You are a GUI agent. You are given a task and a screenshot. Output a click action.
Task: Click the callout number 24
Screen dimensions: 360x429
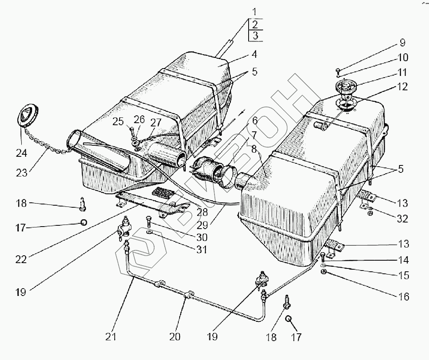[x=21, y=153]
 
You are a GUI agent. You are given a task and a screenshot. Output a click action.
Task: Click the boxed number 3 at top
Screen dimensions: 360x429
[x=256, y=36]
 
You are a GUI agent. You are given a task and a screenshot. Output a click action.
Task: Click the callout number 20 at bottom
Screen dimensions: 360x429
[x=175, y=337]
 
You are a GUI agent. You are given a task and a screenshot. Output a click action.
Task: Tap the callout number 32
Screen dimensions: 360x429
[x=403, y=218]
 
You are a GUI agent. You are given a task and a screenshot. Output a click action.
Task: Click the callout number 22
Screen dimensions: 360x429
[x=21, y=260]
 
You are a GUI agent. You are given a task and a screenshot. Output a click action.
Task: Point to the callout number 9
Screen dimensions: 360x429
[x=402, y=43]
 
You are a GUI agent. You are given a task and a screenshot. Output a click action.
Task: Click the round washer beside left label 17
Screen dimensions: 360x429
[x=83, y=223]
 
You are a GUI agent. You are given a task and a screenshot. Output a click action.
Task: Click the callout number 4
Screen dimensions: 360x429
[x=254, y=54]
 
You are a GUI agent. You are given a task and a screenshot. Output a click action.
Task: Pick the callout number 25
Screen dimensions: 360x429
[x=118, y=121]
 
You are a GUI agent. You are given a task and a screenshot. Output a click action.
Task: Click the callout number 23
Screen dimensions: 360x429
[x=21, y=172]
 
